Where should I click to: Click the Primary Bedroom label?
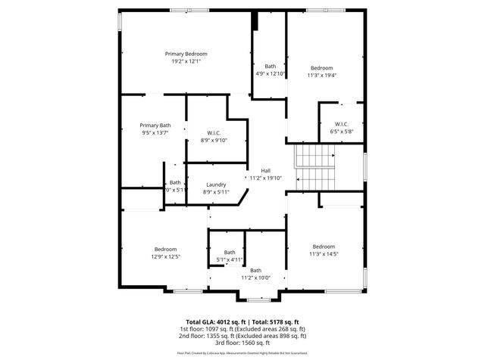[186, 54]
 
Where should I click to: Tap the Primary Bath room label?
[155, 125]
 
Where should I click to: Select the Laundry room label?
[215, 185]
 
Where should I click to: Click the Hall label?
[265, 170]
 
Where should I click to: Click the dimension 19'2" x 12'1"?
[186, 61]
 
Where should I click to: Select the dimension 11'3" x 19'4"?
[321, 76]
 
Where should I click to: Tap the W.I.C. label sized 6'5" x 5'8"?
[342, 123]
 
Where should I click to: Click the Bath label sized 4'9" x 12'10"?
[271, 67]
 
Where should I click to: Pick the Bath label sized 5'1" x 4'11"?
[230, 253]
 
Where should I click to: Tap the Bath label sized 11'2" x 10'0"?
[256, 270]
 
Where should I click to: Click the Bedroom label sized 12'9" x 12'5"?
[166, 249]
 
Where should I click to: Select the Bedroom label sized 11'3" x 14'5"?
[324, 247]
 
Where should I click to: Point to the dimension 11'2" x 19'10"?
[265, 178]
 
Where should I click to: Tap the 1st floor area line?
[242, 329]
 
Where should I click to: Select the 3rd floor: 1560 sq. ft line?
[242, 343]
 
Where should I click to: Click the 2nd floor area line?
[242, 336]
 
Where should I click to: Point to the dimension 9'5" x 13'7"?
[155, 132]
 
